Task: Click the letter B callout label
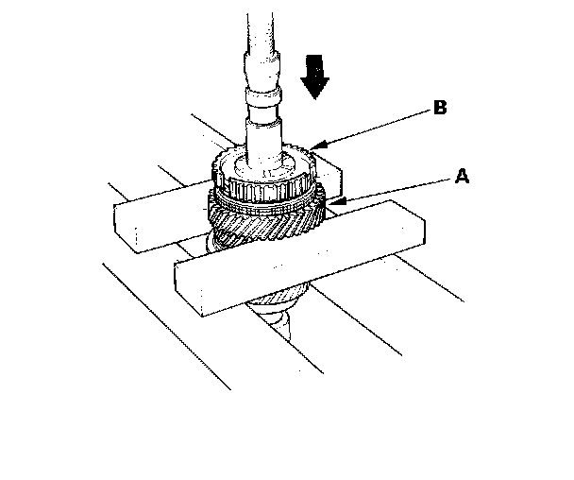pos(440,108)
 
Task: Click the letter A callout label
pos(462,176)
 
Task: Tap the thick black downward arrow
pos(314,77)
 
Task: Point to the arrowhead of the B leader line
pos(315,146)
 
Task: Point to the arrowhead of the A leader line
pos(336,201)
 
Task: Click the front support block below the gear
pos(300,258)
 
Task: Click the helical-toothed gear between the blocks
pos(266,224)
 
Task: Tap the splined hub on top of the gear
pos(262,176)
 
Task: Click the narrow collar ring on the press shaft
pos(263,96)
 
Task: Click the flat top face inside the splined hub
pos(264,166)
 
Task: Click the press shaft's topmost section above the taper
pos(260,32)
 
